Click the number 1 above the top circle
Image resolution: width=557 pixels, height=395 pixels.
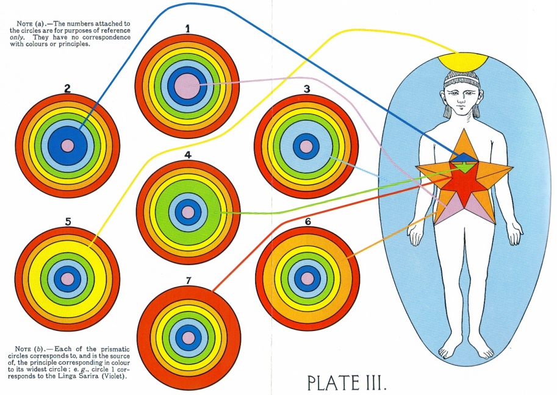pos(187,28)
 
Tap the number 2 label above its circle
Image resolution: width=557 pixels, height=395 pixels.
pos(67,88)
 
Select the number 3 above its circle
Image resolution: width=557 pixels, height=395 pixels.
pos(306,89)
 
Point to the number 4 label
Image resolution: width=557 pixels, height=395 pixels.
pos(188,155)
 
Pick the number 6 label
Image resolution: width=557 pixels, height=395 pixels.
pos(307,221)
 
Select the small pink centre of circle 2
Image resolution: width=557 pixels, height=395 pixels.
pos(68,146)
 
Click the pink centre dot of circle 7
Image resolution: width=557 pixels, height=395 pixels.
pos(189,337)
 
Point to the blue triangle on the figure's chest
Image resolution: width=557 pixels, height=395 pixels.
pos(462,157)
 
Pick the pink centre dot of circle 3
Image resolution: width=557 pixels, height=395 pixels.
pos(306,146)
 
